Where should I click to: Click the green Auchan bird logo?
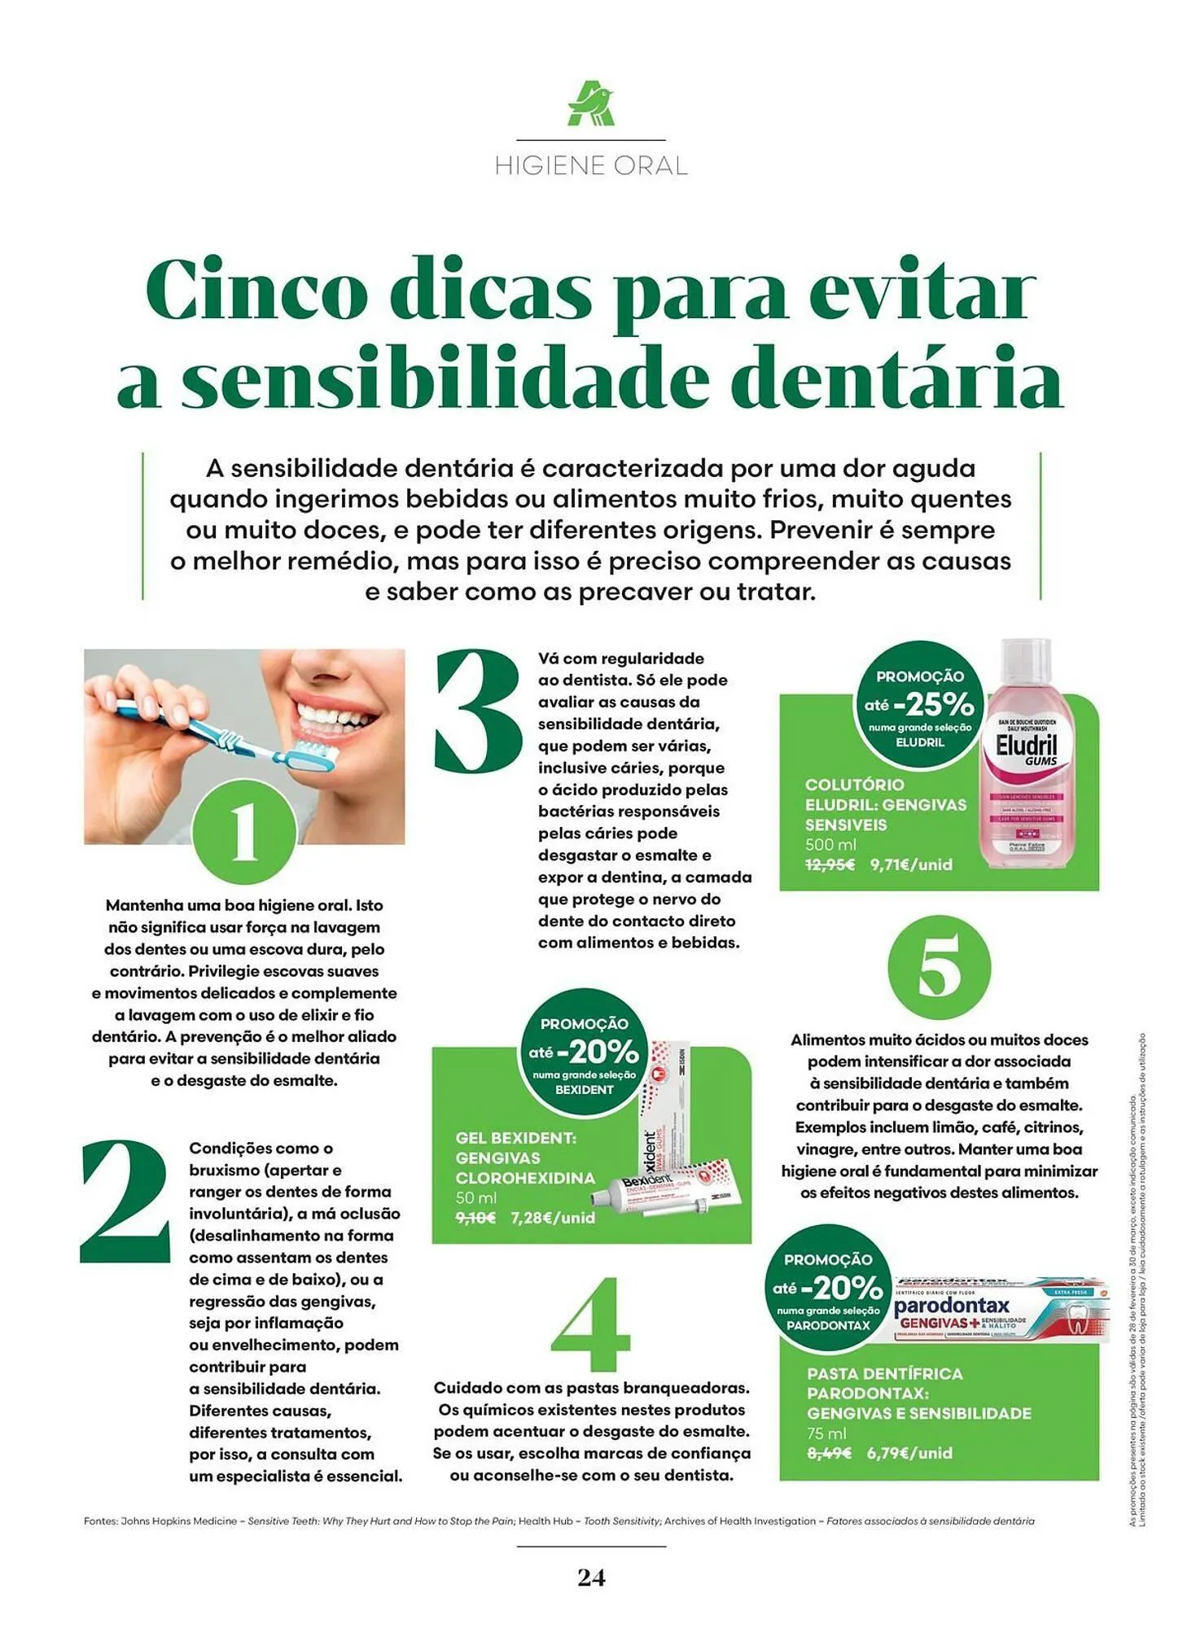pyautogui.click(x=591, y=104)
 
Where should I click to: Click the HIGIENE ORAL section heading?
pyautogui.click(x=591, y=166)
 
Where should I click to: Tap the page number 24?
pyautogui.click(x=591, y=1578)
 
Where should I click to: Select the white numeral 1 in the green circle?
pyautogui.click(x=244, y=831)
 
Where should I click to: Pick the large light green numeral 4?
pyautogui.click(x=591, y=1324)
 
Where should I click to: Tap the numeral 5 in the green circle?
pyautogui.click(x=939, y=967)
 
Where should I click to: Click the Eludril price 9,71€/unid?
pyautogui.click(x=911, y=864)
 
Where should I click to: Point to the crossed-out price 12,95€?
pyautogui.click(x=830, y=864)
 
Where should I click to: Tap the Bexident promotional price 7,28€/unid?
pyautogui.click(x=553, y=1218)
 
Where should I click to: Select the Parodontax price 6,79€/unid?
pyautogui.click(x=909, y=1453)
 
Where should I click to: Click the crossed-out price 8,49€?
pyautogui.click(x=829, y=1453)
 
